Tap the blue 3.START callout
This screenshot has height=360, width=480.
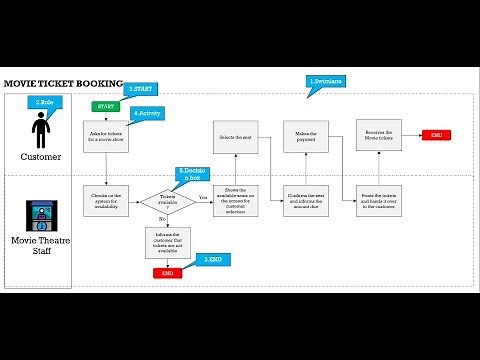(x=140, y=89)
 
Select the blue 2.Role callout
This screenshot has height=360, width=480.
(x=45, y=102)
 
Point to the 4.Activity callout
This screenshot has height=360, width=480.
(x=146, y=113)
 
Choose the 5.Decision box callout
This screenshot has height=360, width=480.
(x=193, y=174)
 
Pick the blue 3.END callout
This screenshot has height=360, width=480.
(x=213, y=259)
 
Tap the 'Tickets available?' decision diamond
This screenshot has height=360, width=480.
(x=168, y=200)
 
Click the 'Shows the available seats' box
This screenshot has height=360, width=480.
(x=235, y=199)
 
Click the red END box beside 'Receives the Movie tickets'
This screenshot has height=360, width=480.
(x=437, y=135)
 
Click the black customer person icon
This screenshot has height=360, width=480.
(x=41, y=131)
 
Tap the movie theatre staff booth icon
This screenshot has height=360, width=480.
(x=41, y=217)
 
